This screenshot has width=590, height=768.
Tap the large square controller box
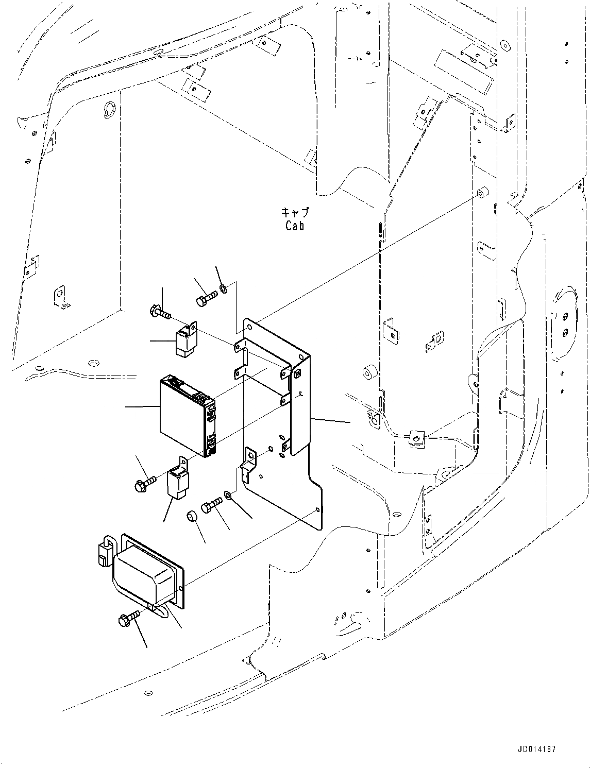[186, 415]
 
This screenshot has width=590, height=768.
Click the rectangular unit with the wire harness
[147, 577]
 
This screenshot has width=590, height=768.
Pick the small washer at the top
[224, 288]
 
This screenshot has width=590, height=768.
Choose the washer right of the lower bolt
[228, 496]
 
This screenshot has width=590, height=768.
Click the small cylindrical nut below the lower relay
[192, 515]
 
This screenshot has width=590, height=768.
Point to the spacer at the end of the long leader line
[483, 194]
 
